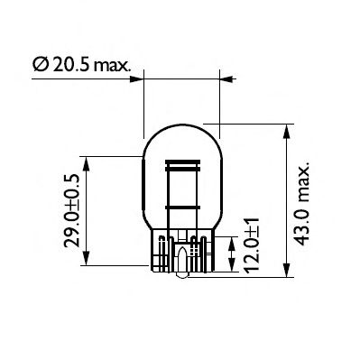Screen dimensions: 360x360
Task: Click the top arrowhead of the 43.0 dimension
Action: click(286, 130)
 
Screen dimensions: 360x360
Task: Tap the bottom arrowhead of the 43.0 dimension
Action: click(286, 274)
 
